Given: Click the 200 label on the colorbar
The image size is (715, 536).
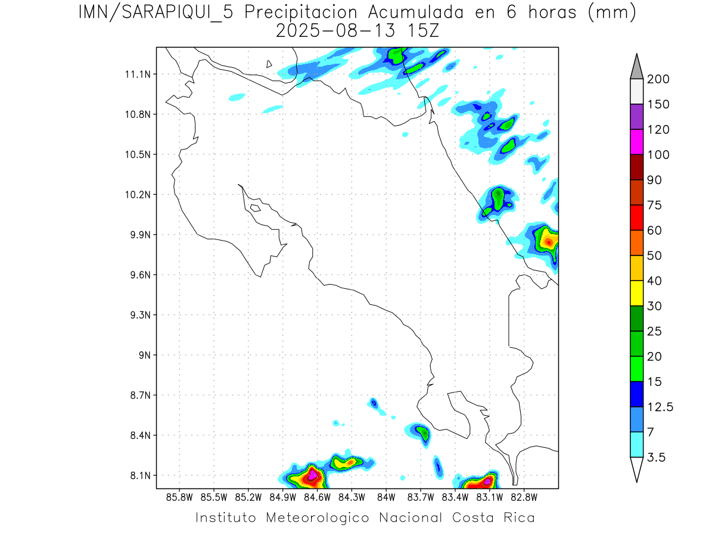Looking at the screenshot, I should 658,79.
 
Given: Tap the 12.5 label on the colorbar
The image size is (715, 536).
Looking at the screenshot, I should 660,407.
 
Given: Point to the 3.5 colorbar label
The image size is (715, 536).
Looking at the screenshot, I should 657,457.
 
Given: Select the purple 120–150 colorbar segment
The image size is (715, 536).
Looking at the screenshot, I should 636,117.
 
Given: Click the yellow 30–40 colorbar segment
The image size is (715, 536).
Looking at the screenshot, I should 636,293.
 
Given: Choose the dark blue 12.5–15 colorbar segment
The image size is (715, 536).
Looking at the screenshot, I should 636,394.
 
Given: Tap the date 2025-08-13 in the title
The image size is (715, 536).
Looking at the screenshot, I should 335,31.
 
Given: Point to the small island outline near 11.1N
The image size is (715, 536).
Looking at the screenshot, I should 269,64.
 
